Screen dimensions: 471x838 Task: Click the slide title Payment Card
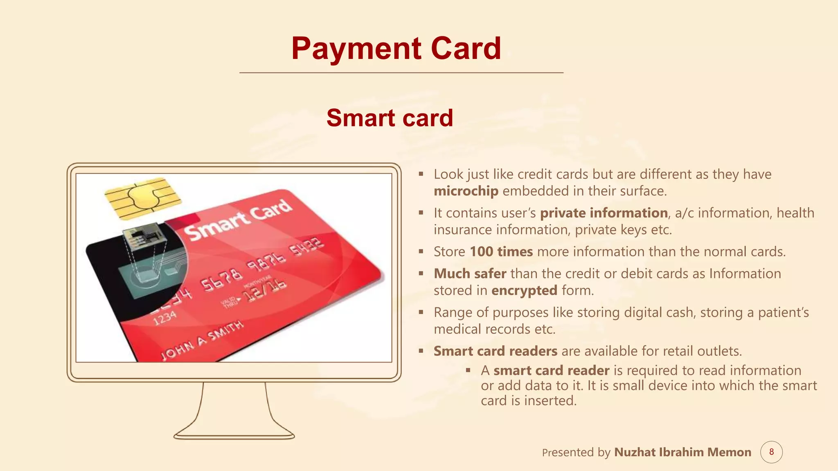396,48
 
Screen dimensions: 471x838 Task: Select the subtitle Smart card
390,118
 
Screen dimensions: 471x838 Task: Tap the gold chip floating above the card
142,197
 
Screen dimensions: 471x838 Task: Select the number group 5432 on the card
307,246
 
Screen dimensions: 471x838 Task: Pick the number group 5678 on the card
221,279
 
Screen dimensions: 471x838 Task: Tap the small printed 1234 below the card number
165,318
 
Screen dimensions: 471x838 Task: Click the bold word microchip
466,191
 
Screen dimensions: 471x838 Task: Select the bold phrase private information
604,213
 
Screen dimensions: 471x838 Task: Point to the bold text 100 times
501,251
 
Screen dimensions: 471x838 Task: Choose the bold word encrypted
524,290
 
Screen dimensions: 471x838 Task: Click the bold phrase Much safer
470,274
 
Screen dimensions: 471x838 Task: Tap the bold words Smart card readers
496,351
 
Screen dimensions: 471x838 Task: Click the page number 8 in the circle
771,452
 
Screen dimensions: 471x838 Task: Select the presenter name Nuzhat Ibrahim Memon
683,452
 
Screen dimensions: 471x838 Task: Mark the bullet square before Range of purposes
421,312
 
